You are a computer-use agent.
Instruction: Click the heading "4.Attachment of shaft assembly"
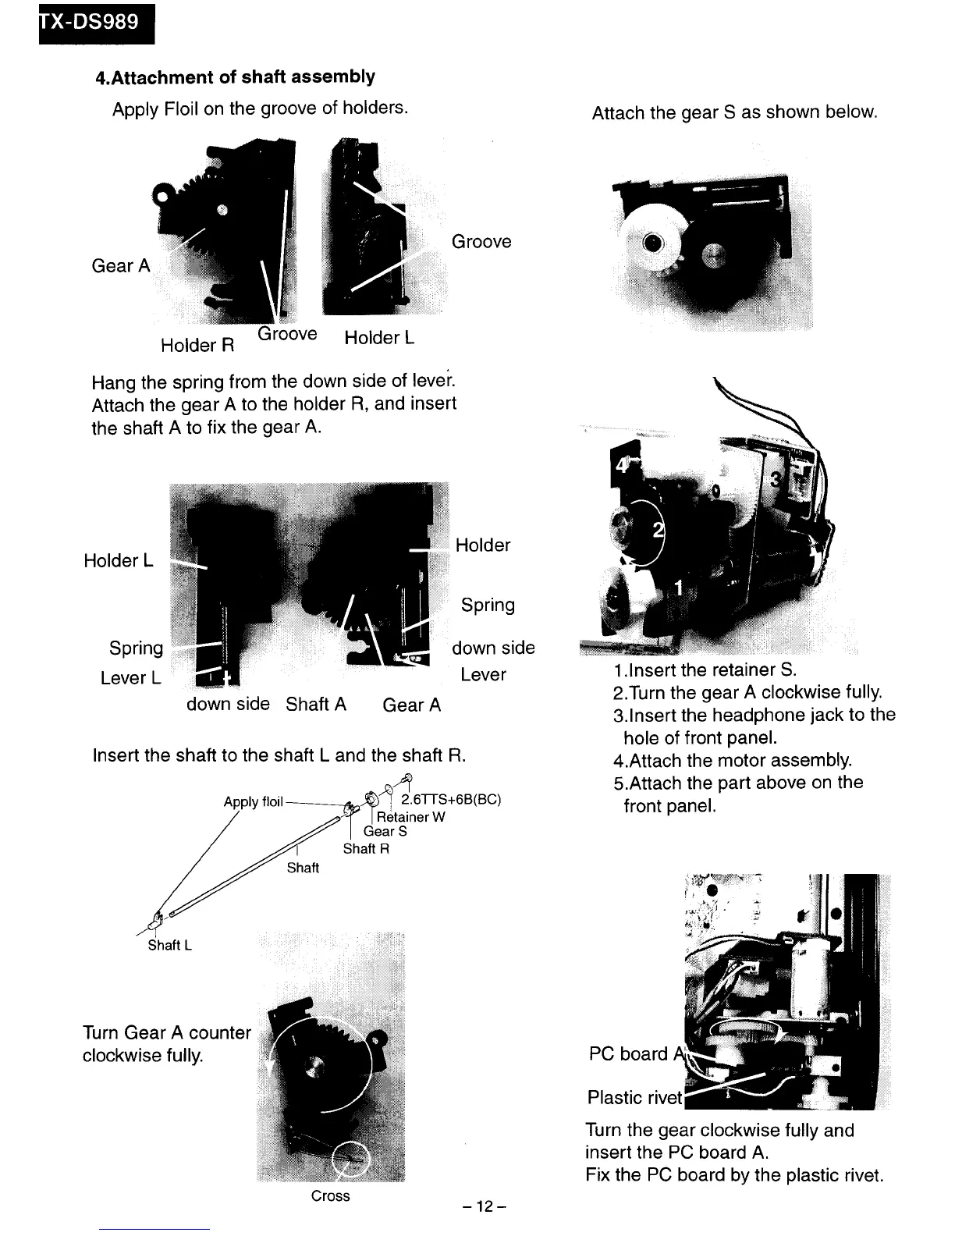[235, 77]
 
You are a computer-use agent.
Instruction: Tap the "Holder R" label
[197, 345]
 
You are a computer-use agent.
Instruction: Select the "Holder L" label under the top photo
[379, 338]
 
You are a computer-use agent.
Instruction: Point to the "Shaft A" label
[316, 704]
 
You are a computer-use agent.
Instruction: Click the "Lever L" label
[130, 678]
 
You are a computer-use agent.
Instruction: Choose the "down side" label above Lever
[493, 648]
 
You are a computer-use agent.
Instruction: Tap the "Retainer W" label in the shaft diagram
[410, 817]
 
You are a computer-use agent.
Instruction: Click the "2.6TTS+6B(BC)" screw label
[451, 800]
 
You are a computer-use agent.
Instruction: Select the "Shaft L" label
[170, 945]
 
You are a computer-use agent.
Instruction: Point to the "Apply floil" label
[253, 802]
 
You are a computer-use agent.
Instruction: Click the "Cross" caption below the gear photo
[330, 1196]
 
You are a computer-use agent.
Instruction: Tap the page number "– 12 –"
[485, 1207]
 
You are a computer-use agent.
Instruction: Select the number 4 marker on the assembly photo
[622, 465]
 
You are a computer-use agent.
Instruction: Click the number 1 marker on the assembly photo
[679, 587]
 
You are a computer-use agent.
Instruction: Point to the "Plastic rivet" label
[634, 1098]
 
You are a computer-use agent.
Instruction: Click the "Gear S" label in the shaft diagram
[385, 832]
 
